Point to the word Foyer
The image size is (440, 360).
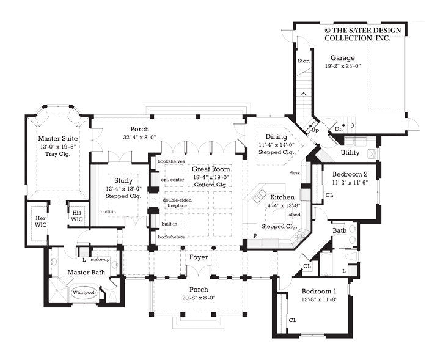click(x=199, y=257)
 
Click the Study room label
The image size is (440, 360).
click(x=125, y=181)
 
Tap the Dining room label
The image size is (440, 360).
click(x=268, y=136)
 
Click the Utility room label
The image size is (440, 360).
click(x=350, y=152)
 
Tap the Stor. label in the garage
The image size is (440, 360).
click(x=303, y=61)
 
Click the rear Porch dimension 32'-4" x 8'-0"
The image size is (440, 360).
click(x=139, y=137)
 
